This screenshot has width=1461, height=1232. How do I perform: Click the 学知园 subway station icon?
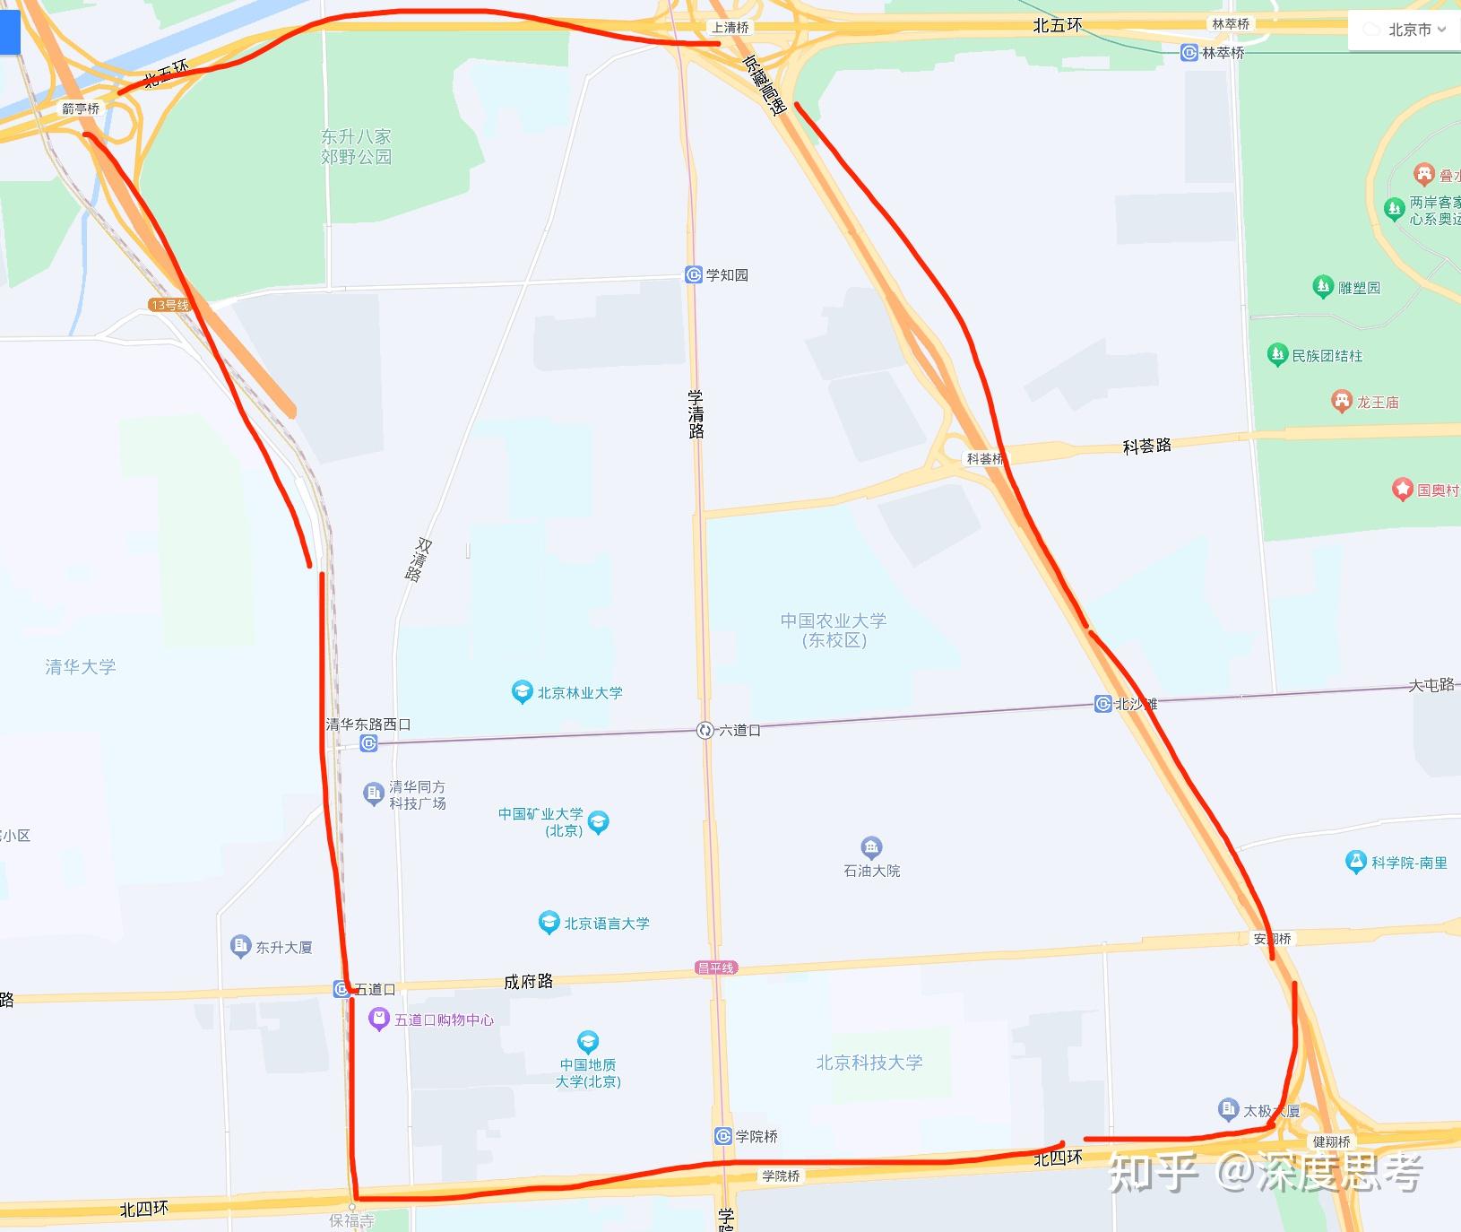693,274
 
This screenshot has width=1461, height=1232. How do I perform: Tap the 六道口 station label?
739,731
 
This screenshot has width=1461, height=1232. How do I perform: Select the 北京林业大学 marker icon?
522,691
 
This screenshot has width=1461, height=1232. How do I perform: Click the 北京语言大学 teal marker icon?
549,923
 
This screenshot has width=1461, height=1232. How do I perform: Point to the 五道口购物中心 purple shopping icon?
379,1019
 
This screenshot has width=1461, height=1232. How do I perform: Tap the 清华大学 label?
81,666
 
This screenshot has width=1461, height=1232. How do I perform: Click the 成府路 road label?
528,982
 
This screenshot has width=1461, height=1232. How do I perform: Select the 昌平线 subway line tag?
715,967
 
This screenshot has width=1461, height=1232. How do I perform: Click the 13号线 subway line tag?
169,305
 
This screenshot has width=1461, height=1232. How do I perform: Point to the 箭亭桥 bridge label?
81,108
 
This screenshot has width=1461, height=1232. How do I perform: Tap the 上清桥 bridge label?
730,28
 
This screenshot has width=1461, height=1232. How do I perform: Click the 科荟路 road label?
1146,446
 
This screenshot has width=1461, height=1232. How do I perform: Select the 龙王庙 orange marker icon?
1341,401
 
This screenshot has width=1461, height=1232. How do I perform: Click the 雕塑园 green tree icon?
1322,287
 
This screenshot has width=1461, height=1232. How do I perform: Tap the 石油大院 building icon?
871,847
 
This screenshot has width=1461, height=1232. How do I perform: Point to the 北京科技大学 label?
869,1063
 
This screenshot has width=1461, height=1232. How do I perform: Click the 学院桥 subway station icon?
723,1136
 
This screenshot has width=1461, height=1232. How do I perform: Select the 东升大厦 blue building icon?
239,946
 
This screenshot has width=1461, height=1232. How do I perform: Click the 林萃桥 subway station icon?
1189,53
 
